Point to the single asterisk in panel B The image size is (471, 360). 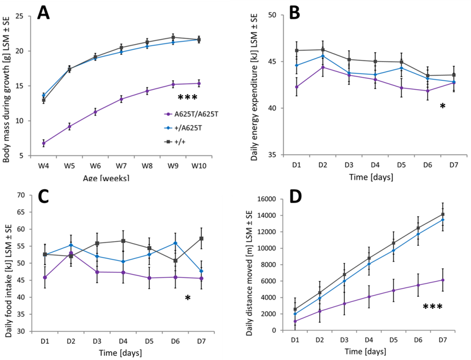click(442, 107)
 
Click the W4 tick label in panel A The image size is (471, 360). click(44, 166)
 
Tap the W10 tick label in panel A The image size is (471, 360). click(198, 166)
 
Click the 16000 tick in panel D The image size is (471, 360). click(267, 199)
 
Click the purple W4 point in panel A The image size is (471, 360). click(44, 143)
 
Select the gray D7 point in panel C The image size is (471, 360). click(201, 238)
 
